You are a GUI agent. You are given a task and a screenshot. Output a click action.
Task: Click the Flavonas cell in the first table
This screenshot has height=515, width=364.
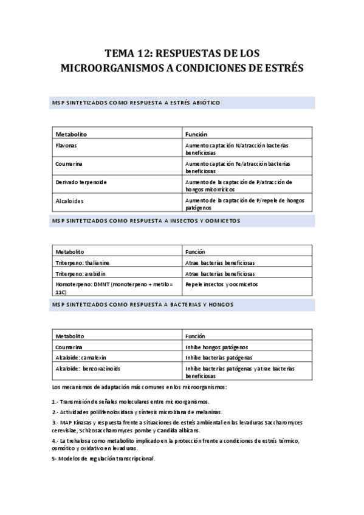click(x=67, y=146)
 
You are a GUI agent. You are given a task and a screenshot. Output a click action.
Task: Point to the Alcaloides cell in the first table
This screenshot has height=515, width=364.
click(x=70, y=200)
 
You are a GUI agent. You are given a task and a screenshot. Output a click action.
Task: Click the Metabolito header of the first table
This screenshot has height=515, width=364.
click(x=72, y=134)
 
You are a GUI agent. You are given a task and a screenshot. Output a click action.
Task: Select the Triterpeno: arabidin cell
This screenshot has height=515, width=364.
click(x=80, y=273)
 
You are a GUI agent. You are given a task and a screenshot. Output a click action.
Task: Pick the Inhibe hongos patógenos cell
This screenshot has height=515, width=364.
click(x=216, y=347)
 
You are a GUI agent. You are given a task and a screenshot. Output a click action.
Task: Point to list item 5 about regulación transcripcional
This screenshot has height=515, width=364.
click(x=103, y=458)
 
